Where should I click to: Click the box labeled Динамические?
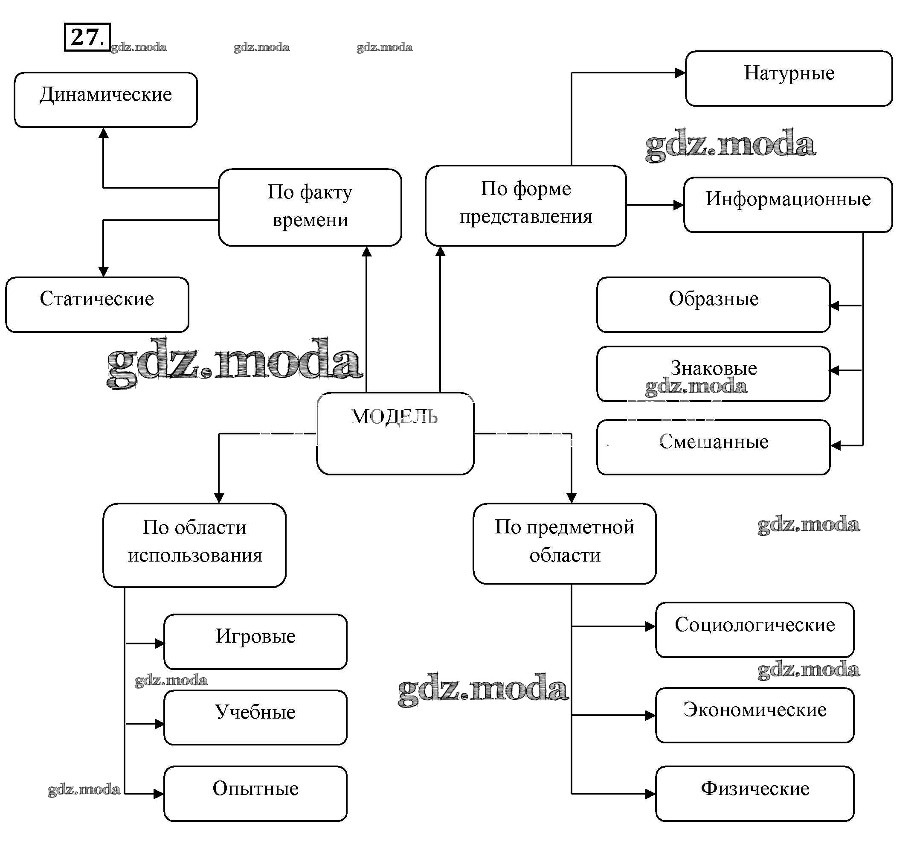pyautogui.click(x=106, y=99)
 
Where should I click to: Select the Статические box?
pyautogui.click(x=97, y=304)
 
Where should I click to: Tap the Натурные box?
pyautogui.click(x=789, y=78)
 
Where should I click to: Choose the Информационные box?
pyautogui.click(x=788, y=204)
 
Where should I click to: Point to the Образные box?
pyautogui.click(x=713, y=304)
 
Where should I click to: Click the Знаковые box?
pyautogui.click(x=713, y=373)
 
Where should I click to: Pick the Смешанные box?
pyautogui.click(x=713, y=447)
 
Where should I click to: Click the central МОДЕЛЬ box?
pyautogui.click(x=395, y=433)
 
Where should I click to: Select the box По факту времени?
pyautogui.click(x=310, y=207)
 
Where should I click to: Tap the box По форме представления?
pyautogui.click(x=525, y=205)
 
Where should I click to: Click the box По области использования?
pyautogui.click(x=194, y=545)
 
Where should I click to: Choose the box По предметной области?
pyautogui.click(x=565, y=543)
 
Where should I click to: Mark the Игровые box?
pyautogui.click(x=255, y=641)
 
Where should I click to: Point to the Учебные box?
pyautogui.click(x=255, y=717)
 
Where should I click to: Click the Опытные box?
pyautogui.click(x=255, y=793)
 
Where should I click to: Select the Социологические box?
pyautogui.click(x=754, y=629)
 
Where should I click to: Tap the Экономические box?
pyautogui.click(x=754, y=715)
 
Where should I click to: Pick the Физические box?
pyautogui.click(x=754, y=793)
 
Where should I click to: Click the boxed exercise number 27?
pyautogui.click(x=87, y=37)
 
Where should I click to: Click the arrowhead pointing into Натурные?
pyautogui.click(x=680, y=73)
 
